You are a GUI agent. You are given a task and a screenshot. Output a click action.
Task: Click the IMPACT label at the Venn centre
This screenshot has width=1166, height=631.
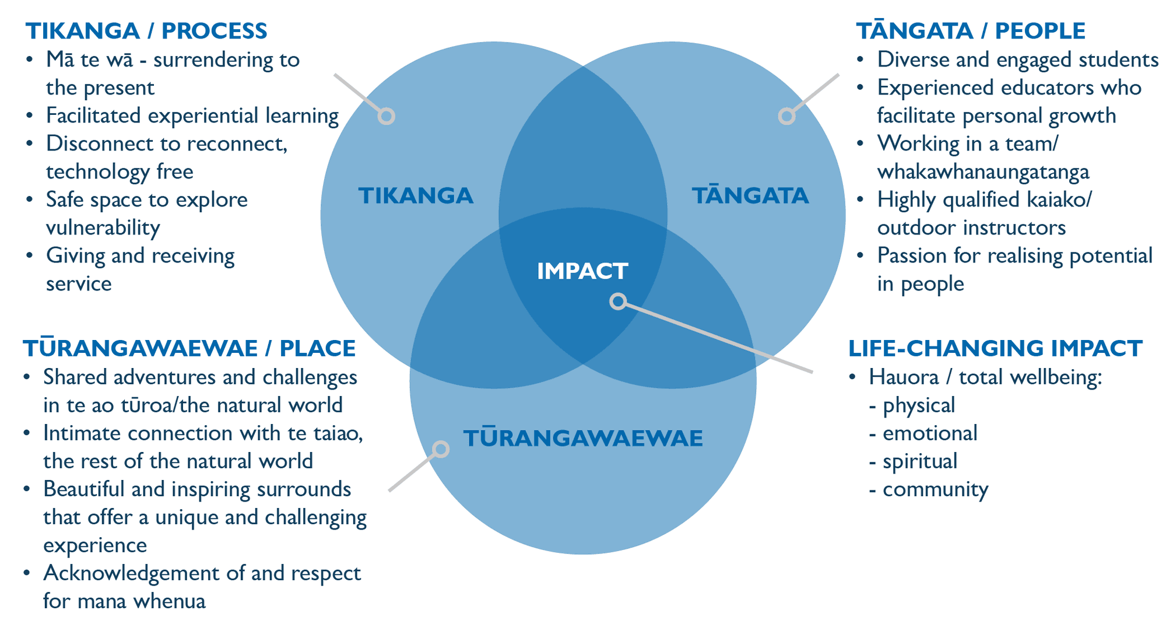coord(582,271)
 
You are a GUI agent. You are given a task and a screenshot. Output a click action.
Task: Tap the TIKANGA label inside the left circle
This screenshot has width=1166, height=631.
coord(415,196)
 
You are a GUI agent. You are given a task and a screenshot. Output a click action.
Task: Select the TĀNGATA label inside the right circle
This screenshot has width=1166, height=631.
coord(750,196)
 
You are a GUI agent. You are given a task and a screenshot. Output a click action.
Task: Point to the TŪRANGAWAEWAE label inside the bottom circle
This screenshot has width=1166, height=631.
coord(583,439)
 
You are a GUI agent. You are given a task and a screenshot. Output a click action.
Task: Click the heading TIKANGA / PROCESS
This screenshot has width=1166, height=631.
coord(146,31)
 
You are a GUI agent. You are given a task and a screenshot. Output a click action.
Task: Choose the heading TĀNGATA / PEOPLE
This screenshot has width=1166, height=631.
coord(970,31)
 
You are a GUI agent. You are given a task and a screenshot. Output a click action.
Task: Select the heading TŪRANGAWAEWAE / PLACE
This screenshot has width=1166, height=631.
coord(189,348)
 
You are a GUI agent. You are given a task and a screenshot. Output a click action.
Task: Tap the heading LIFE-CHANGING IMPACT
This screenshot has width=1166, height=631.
coord(995,348)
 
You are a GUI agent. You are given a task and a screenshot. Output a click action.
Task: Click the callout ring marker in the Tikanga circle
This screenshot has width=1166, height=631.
coord(386,117)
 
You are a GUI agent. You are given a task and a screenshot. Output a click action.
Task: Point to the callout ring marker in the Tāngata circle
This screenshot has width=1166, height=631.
coord(786,117)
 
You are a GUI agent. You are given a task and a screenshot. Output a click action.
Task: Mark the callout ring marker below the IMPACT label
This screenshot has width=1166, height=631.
coord(618,302)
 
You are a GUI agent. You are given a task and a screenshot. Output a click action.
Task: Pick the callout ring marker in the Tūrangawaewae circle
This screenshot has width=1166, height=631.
coord(441,449)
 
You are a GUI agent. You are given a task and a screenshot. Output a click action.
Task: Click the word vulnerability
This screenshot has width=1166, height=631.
coord(103,228)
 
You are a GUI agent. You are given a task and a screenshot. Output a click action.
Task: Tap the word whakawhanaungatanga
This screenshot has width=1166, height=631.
coord(983,172)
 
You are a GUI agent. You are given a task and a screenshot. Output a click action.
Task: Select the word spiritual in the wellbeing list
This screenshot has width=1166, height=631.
coord(919,461)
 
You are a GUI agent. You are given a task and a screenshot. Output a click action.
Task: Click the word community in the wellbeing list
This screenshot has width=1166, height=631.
coord(935,489)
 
